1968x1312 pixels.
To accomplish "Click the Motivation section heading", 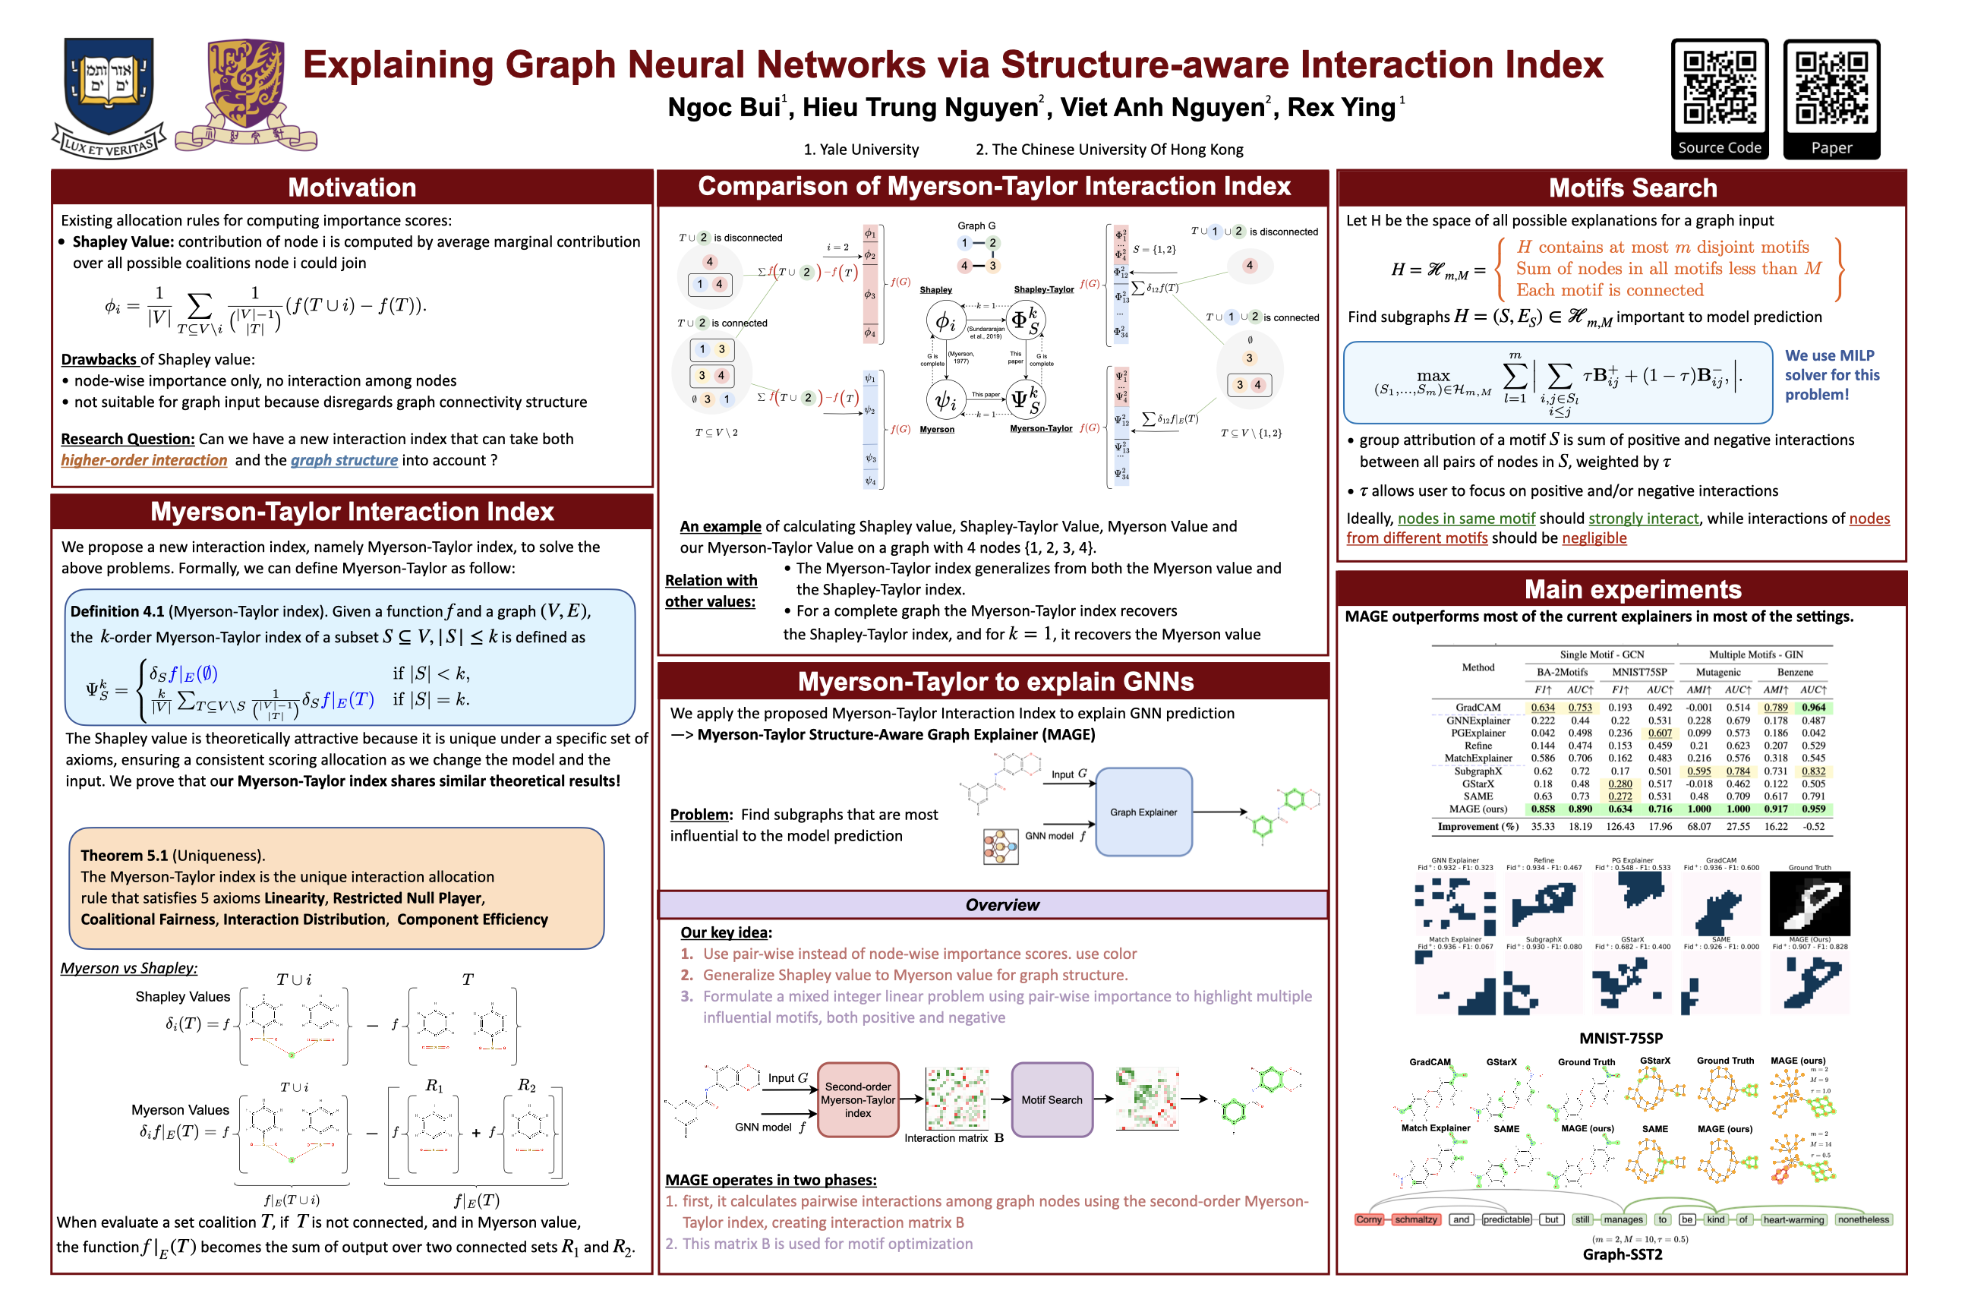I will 352,188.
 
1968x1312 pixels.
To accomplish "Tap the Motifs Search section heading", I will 1632,188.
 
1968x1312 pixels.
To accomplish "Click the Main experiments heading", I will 1632,590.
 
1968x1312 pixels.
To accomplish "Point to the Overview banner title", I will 1001,905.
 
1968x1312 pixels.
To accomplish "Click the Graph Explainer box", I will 1143,812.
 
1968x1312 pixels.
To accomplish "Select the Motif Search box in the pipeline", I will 1051,1100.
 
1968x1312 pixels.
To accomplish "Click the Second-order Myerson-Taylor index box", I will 858,1100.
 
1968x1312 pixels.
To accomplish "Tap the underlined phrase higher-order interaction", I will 144,460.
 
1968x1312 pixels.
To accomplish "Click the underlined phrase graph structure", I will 344,460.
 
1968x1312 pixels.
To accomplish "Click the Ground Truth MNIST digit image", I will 1809,904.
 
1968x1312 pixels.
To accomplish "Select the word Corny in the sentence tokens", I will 1368,1220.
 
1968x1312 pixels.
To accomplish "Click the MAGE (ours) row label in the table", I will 1478,809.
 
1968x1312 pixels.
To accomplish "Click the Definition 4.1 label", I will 117,612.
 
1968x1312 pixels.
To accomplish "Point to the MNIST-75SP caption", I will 1620,1039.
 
